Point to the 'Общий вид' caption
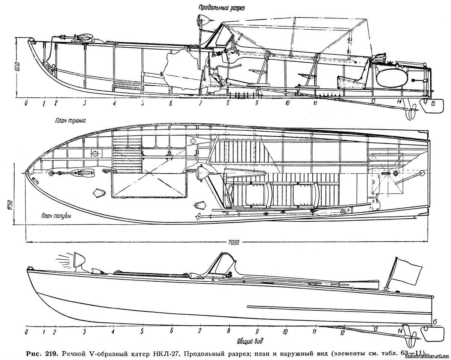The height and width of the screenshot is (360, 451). coord(250,342)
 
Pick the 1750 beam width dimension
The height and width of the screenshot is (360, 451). coord(11,206)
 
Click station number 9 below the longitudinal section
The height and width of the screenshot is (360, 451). coord(257,103)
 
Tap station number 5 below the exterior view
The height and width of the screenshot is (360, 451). coord(142,331)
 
